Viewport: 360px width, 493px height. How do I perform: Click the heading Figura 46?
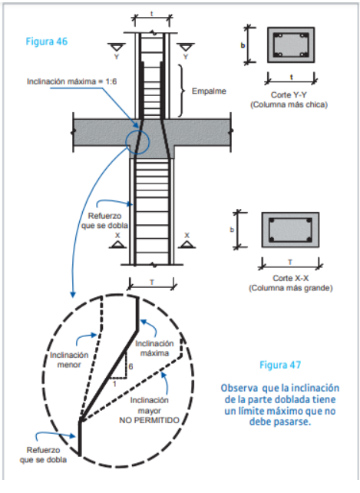(47, 41)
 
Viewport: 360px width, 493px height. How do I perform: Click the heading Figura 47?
(280, 365)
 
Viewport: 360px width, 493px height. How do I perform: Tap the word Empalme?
(209, 91)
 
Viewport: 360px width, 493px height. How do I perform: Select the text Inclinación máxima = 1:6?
(71, 81)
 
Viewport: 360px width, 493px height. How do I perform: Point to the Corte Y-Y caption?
(289, 94)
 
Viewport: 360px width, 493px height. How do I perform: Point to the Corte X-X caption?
(290, 278)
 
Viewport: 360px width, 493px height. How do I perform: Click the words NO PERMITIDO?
(149, 420)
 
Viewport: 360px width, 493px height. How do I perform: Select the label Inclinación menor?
(69, 359)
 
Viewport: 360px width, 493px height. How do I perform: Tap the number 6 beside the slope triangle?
(130, 366)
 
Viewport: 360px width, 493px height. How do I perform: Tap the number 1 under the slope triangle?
(114, 384)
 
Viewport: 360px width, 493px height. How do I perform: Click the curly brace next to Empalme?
(182, 91)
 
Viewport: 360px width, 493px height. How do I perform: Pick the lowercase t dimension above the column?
(151, 14)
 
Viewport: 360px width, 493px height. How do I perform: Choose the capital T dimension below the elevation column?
(151, 282)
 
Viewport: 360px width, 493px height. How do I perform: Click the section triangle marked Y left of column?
(117, 48)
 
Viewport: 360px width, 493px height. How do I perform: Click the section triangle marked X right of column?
(187, 244)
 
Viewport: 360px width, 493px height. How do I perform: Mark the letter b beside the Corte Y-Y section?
(243, 45)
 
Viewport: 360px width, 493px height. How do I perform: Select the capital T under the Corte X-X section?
(290, 262)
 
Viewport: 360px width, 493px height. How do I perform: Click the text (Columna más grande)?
(290, 288)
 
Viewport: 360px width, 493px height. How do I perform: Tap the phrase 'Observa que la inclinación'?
(280, 388)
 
